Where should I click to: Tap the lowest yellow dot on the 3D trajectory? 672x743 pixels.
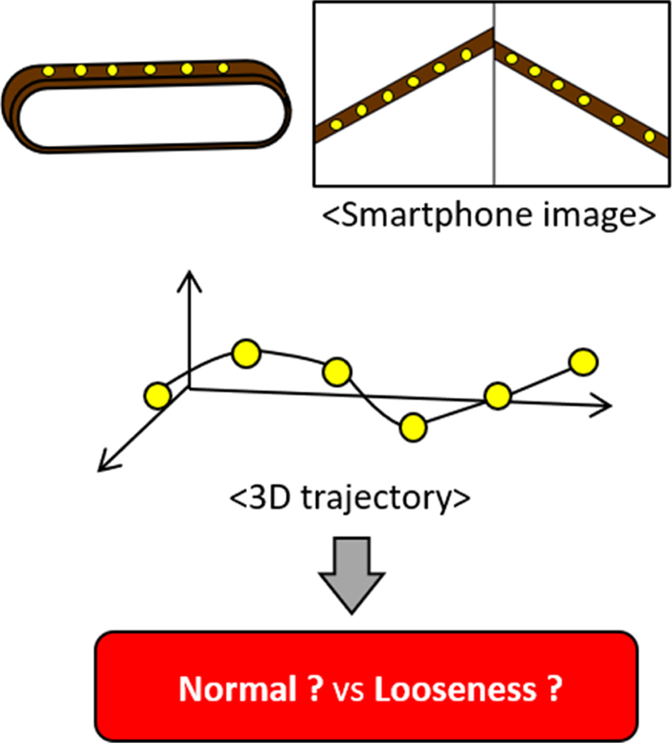tap(412, 427)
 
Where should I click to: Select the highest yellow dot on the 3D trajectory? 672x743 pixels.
tap(246, 354)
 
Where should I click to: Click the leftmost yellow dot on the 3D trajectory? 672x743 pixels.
tap(156, 394)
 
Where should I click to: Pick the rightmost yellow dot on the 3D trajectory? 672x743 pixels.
tap(583, 362)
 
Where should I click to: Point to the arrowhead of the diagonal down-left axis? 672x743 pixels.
tap(103, 463)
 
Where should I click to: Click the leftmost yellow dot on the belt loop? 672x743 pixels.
tap(48, 71)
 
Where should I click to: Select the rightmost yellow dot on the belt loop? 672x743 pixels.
tap(223, 67)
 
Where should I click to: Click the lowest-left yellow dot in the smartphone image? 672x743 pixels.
tap(335, 125)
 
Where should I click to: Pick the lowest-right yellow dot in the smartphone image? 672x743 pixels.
tap(645, 132)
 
